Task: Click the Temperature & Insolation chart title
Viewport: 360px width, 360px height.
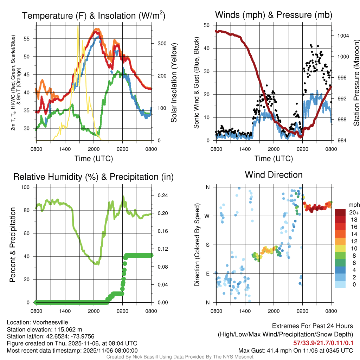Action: (94, 16)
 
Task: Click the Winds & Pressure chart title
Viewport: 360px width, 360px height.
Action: (274, 15)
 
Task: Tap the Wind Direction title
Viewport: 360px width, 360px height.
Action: (274, 175)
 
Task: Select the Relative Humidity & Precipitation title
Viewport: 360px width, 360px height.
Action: (94, 177)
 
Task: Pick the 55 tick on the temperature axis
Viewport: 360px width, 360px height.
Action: (29, 39)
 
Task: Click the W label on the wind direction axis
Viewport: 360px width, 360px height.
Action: (208, 216)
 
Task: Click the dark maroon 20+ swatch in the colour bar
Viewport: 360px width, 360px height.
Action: (340, 212)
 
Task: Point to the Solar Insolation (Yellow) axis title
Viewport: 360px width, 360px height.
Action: (174, 83)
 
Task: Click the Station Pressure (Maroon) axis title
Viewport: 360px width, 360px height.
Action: (356, 83)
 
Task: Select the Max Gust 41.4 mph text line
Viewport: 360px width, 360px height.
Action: (295, 351)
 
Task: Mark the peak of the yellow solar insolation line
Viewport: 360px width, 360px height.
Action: (78, 26)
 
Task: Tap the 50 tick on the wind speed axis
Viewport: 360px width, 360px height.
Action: (207, 25)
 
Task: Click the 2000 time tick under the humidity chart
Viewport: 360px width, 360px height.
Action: (94, 311)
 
